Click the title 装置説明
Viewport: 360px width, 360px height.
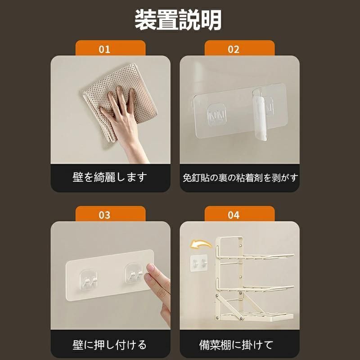tap(178, 20)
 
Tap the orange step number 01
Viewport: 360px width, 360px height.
tap(104, 49)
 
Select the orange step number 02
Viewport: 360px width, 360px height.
tap(234, 49)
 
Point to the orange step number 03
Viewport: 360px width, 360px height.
tap(104, 215)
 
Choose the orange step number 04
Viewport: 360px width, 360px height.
tap(234, 215)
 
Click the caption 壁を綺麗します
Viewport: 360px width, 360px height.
tap(110, 177)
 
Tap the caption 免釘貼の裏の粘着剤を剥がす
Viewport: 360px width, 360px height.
tap(240, 178)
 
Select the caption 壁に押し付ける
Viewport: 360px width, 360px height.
tap(109, 345)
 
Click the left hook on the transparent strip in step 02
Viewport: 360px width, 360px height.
tap(217, 115)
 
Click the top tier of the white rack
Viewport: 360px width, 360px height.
tap(255, 256)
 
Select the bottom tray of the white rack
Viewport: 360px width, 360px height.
tap(255, 316)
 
